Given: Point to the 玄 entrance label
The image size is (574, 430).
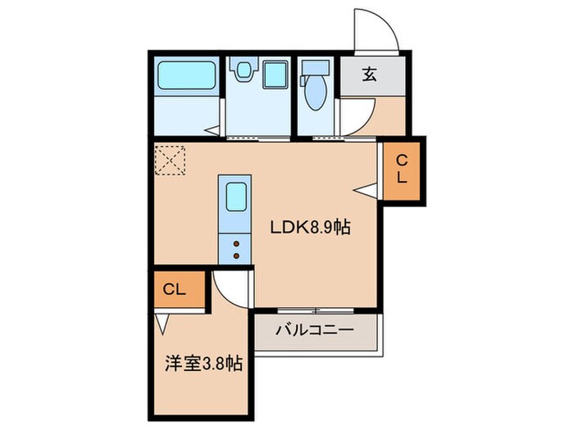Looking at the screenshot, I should pyautogui.click(x=371, y=75).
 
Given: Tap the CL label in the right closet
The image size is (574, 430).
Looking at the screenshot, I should pyautogui.click(x=403, y=170).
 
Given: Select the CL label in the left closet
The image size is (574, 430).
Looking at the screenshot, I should pyautogui.click(x=173, y=289).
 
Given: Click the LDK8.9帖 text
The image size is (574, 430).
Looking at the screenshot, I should pyautogui.click(x=312, y=228).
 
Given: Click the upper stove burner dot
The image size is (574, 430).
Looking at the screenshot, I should pyautogui.click(x=235, y=243).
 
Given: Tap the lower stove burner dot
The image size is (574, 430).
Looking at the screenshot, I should pyautogui.click(x=235, y=256).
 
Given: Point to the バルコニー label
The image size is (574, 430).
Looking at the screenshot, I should pyautogui.click(x=314, y=332).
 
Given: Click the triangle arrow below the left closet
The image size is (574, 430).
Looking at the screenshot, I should pyautogui.click(x=162, y=325).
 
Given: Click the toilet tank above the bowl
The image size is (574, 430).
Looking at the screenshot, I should pyautogui.click(x=313, y=70).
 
